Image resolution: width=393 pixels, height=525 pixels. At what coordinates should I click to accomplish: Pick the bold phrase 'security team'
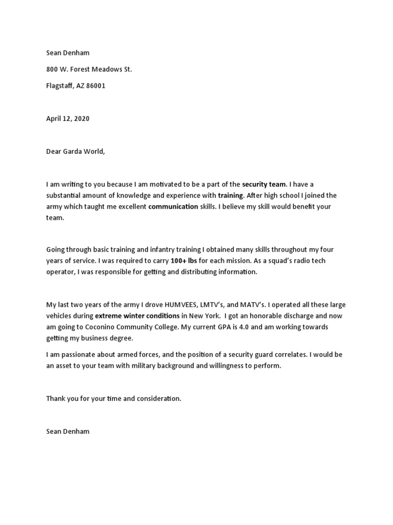(x=264, y=184)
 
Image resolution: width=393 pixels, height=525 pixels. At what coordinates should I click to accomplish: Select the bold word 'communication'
(x=173, y=207)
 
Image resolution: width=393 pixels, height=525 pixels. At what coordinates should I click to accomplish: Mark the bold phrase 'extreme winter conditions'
(x=137, y=316)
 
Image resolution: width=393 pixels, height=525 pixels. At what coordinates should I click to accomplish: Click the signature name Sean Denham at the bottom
(x=68, y=431)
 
